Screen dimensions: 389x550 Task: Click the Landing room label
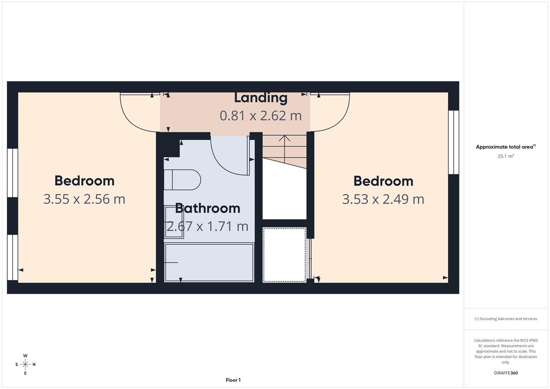(x=261, y=98)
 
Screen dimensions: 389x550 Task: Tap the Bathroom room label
(x=207, y=208)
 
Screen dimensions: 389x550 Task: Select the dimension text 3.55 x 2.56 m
(x=84, y=199)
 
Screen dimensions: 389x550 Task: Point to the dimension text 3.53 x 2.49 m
(x=383, y=199)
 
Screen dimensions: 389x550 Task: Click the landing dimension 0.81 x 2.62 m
(x=261, y=116)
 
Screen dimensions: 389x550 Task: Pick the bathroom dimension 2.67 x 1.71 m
(x=207, y=226)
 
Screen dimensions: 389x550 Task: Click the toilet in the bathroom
(x=182, y=180)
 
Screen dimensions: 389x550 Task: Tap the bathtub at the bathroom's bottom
(x=209, y=263)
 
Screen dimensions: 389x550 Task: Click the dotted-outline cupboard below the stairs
(x=285, y=255)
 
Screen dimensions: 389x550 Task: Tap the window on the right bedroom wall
(x=453, y=142)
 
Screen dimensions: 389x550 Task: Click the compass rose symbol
(x=25, y=365)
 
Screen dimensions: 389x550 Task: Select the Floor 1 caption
(x=233, y=380)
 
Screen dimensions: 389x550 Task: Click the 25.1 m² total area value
(x=506, y=156)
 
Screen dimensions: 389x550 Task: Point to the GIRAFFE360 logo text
(x=506, y=373)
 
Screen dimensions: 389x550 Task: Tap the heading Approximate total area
(x=505, y=147)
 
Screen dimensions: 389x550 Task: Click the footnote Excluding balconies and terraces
(x=506, y=319)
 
